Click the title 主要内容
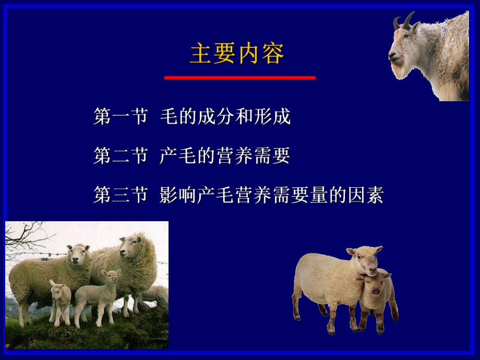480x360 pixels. [237, 54]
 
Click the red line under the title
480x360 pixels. [240, 78]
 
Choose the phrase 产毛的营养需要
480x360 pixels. [225, 156]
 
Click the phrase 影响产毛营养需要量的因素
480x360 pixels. [272, 195]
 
